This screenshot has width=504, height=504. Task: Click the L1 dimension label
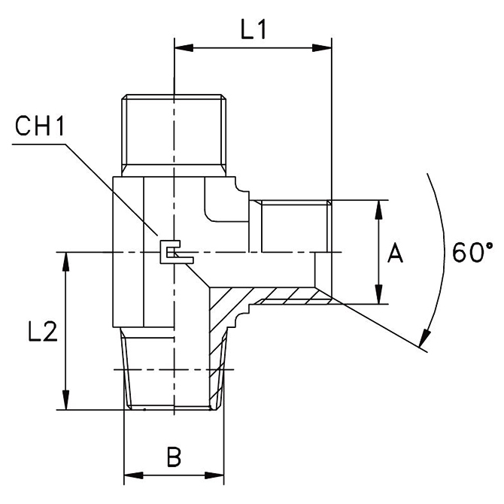click(x=254, y=30)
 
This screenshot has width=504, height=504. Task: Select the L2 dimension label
click(x=42, y=331)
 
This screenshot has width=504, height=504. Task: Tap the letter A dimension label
click(x=395, y=253)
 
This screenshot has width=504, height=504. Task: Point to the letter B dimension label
click(x=174, y=457)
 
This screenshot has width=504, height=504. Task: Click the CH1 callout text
click(x=40, y=126)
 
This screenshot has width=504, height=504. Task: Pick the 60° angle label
click(x=472, y=252)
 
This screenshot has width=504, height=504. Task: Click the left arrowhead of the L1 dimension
click(x=184, y=48)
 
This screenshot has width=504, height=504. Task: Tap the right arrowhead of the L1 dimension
click(x=322, y=48)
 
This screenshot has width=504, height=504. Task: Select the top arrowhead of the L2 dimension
click(x=66, y=263)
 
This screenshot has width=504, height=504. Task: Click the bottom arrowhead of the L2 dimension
click(x=66, y=400)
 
